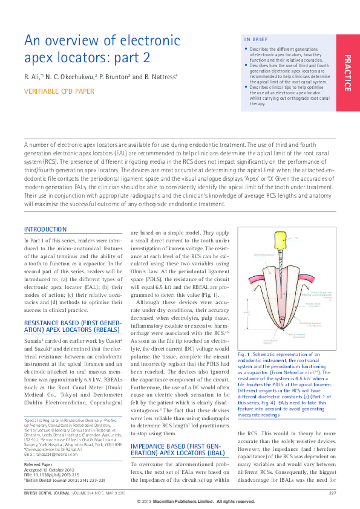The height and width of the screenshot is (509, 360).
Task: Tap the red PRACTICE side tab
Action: point(347,73)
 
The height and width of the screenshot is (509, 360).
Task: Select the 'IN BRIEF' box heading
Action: point(256,39)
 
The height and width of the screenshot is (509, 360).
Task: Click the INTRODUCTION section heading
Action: point(45,230)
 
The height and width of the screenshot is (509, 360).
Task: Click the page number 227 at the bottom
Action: point(333,494)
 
